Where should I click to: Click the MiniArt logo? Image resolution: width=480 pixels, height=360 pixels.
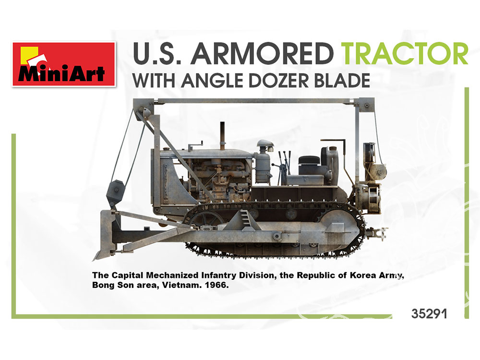(x=64, y=64)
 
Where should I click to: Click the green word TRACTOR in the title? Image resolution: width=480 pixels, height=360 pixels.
(x=405, y=54)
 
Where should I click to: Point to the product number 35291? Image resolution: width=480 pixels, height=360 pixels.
(x=429, y=314)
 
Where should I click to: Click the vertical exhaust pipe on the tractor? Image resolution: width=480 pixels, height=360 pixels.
(x=222, y=135)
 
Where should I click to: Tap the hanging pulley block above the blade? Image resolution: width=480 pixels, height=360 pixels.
(x=115, y=192)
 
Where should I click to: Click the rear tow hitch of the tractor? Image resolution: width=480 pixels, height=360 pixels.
(x=377, y=232)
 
